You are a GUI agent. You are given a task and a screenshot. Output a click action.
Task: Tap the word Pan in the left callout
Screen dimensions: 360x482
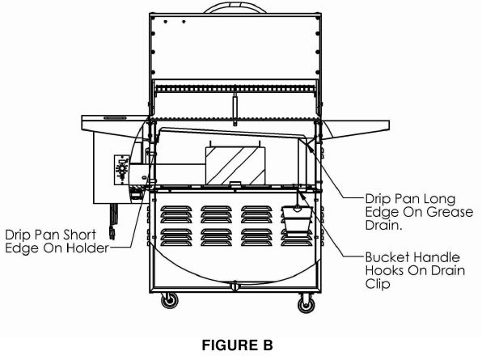click(x=55, y=234)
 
